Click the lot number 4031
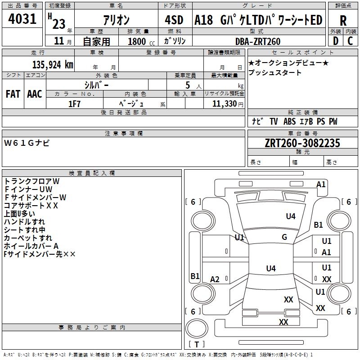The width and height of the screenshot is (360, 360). (22, 19)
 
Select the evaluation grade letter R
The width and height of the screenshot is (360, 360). (343, 21)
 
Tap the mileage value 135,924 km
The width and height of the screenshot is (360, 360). (53, 65)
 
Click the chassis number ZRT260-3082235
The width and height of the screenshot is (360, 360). (302, 143)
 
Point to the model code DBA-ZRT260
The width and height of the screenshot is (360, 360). (258, 41)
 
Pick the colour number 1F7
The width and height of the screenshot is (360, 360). (74, 104)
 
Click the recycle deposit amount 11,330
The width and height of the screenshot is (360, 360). (224, 104)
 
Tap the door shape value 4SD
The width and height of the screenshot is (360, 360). (174, 20)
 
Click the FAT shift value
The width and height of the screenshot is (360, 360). (13, 94)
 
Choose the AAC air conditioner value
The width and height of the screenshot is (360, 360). (35, 94)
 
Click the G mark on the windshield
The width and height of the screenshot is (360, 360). (284, 237)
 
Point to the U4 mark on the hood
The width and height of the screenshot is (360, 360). (291, 216)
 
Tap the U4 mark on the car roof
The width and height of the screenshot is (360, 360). (271, 268)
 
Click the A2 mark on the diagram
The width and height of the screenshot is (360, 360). (215, 279)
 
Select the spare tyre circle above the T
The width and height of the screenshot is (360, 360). (197, 328)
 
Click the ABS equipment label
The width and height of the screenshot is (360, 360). (289, 121)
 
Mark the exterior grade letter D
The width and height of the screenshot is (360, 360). (336, 41)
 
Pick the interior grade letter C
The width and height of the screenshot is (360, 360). (350, 41)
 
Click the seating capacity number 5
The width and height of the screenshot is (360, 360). (188, 85)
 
